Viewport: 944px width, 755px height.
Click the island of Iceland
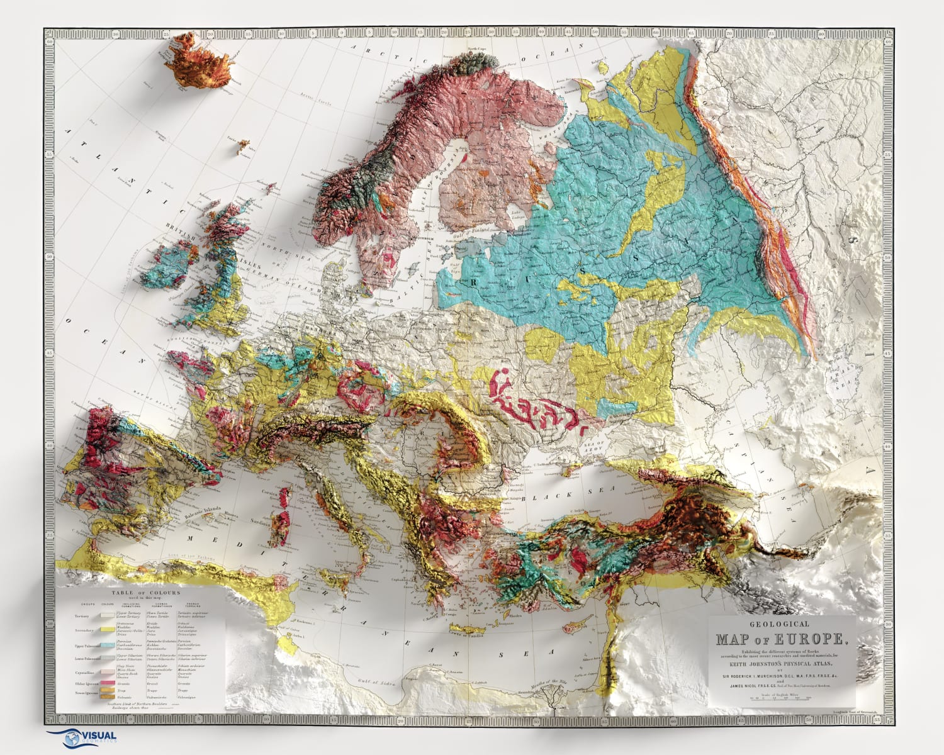click(198, 61)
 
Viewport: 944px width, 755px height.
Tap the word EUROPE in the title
click(811, 639)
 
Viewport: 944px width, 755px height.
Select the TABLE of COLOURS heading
click(145, 593)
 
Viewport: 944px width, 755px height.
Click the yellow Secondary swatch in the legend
click(108, 630)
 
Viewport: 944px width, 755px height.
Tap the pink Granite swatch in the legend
click(108, 682)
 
